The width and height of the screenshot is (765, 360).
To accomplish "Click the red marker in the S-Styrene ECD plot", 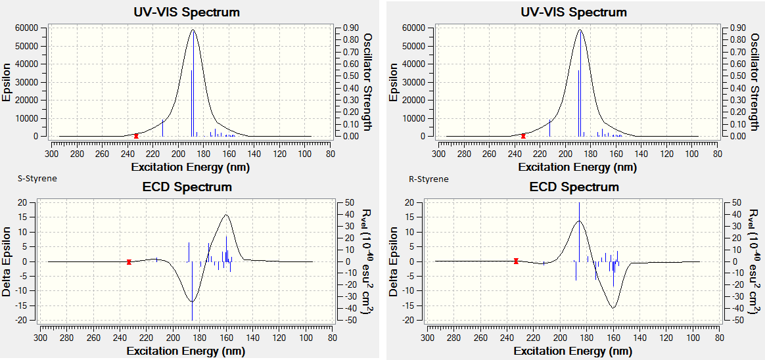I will (129, 261).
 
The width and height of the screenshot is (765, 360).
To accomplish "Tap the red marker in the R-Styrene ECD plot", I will (516, 261).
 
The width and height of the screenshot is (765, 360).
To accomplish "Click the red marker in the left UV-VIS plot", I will (136, 135).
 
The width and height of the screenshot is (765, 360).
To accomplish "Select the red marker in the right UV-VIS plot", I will (523, 135).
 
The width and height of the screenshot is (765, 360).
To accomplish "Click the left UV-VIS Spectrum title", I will (187, 12).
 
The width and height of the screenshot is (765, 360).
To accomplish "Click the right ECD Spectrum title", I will (574, 187).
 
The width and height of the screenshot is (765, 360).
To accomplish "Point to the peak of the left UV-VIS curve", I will (192, 30).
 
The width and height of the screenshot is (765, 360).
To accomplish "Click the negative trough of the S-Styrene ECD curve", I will (192, 302).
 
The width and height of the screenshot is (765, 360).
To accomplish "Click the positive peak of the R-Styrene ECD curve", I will (579, 221).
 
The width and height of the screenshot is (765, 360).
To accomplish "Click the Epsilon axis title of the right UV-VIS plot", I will (394, 82).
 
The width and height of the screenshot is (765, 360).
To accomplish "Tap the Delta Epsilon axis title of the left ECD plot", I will (7, 261).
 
